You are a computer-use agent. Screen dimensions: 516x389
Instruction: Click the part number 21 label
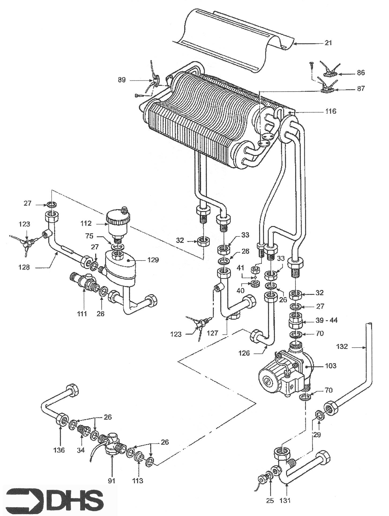point(328,43)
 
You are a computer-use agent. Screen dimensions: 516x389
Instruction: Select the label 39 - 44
point(327,320)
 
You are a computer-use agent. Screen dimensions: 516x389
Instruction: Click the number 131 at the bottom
point(285,500)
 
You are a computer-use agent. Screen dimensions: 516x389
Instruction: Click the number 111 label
point(82,314)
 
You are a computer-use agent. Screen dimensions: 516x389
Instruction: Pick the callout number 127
point(212,334)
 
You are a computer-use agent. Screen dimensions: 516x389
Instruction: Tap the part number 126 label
point(244,353)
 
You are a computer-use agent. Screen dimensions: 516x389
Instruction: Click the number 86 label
point(361,73)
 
